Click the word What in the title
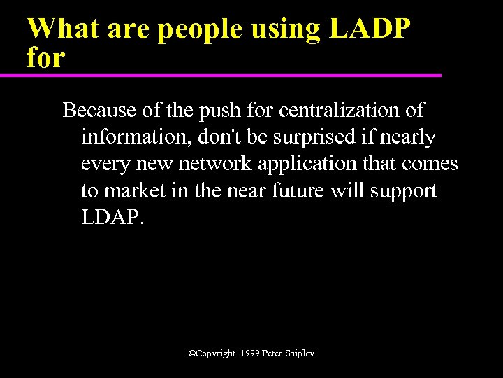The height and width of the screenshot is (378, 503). click(x=61, y=29)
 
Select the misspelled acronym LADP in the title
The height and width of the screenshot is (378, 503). click(x=370, y=29)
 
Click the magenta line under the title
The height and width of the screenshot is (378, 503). click(x=231, y=75)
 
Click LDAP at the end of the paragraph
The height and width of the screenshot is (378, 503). click(x=112, y=217)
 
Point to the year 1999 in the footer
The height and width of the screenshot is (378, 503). click(x=249, y=353)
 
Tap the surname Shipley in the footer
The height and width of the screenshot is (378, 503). click(x=298, y=354)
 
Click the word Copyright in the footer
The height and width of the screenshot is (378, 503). click(x=215, y=354)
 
